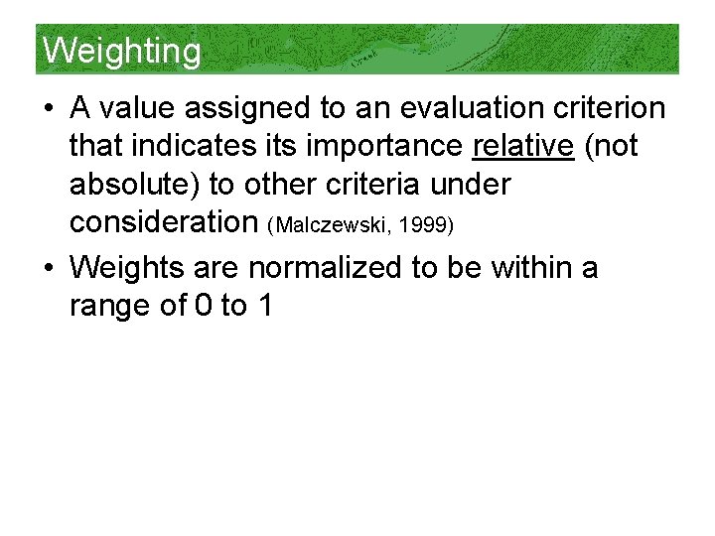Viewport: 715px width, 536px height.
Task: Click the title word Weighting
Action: [x=122, y=50]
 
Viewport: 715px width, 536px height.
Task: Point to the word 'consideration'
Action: [x=164, y=222]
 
